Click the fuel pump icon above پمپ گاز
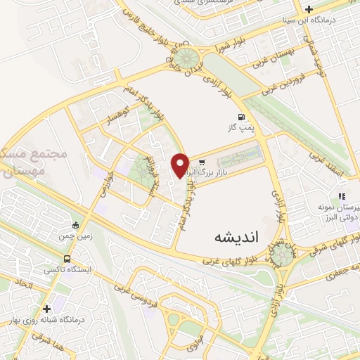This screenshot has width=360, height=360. click(x=242, y=117)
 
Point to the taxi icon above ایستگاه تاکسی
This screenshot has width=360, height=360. click(x=75, y=226)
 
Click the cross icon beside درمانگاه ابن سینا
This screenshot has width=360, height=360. click(x=309, y=9)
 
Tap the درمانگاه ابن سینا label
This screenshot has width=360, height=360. click(x=335, y=20)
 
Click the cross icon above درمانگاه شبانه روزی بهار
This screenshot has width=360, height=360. click(x=47, y=308)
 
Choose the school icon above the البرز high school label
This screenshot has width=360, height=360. click(x=342, y=196)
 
